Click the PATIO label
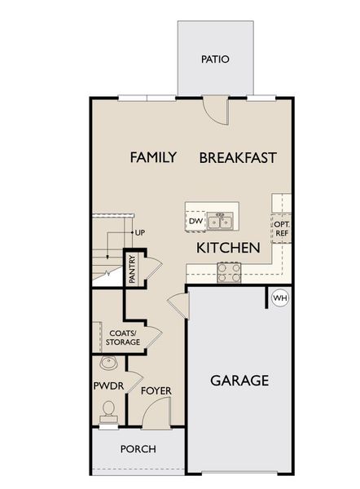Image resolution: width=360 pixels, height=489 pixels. [215, 59]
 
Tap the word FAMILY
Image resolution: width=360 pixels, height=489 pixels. [153, 157]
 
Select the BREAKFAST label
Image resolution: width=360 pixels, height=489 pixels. [238, 157]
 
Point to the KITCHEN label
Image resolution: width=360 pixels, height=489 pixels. [227, 247]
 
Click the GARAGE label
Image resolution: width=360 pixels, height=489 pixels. [239, 380]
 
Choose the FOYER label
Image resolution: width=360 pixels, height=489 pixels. [156, 391]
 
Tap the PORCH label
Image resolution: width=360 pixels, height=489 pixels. [138, 449]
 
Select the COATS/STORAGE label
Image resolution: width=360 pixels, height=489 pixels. [124, 336]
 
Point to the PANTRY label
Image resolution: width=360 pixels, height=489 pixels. [132, 270]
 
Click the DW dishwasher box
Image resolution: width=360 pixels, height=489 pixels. [195, 221]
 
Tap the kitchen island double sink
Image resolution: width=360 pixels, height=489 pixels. [219, 221]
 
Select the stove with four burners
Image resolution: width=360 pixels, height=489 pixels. [229, 272]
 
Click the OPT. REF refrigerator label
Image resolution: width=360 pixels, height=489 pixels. [282, 228]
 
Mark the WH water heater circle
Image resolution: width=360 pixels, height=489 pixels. [279, 298]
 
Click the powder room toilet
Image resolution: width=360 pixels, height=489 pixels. [108, 416]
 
